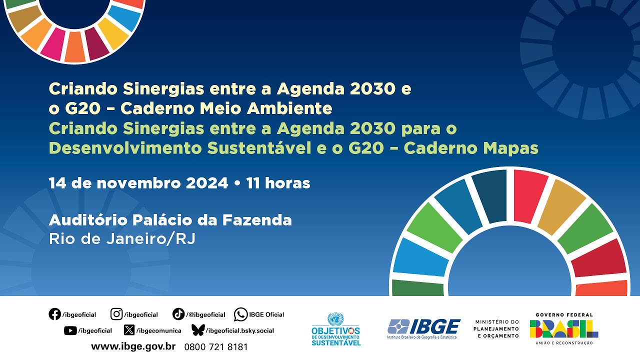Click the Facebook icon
[x=54, y=314]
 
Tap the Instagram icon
[x=116, y=314]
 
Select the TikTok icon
[x=178, y=314]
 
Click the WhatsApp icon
[x=240, y=314]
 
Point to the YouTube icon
[x=70, y=330]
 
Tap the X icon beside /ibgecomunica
[x=129, y=330]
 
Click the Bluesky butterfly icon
[x=198, y=330]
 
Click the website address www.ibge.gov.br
[x=133, y=346]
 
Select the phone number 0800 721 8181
[x=216, y=347]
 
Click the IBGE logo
[x=423, y=328]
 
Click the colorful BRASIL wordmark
[x=564, y=329]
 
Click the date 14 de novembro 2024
[x=138, y=183]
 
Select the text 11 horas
[x=278, y=183]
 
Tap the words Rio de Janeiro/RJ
[x=122, y=239]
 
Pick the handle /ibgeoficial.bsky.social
[x=240, y=330]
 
